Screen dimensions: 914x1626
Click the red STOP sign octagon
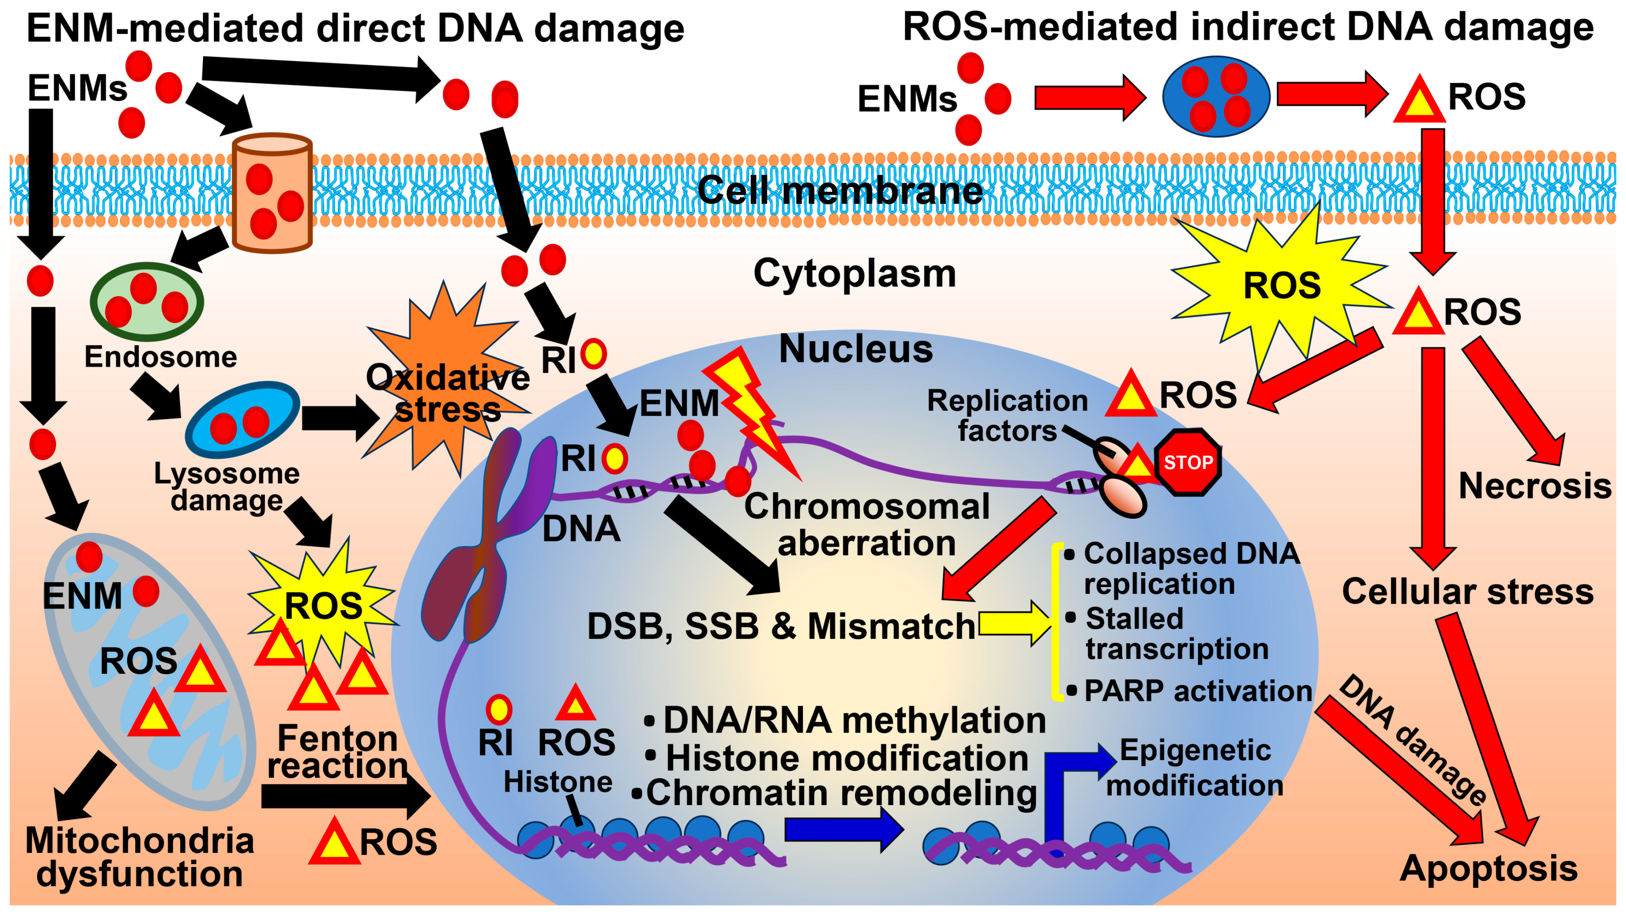[1188, 462]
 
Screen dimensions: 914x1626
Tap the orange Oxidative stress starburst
[447, 379]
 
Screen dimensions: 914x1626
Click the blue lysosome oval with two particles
[243, 419]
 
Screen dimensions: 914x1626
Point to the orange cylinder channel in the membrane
[272, 193]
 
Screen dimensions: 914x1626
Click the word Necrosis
[1534, 486]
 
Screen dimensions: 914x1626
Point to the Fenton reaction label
[338, 752]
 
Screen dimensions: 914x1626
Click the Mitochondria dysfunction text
[140, 857]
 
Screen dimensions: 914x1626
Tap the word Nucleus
[855, 349]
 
